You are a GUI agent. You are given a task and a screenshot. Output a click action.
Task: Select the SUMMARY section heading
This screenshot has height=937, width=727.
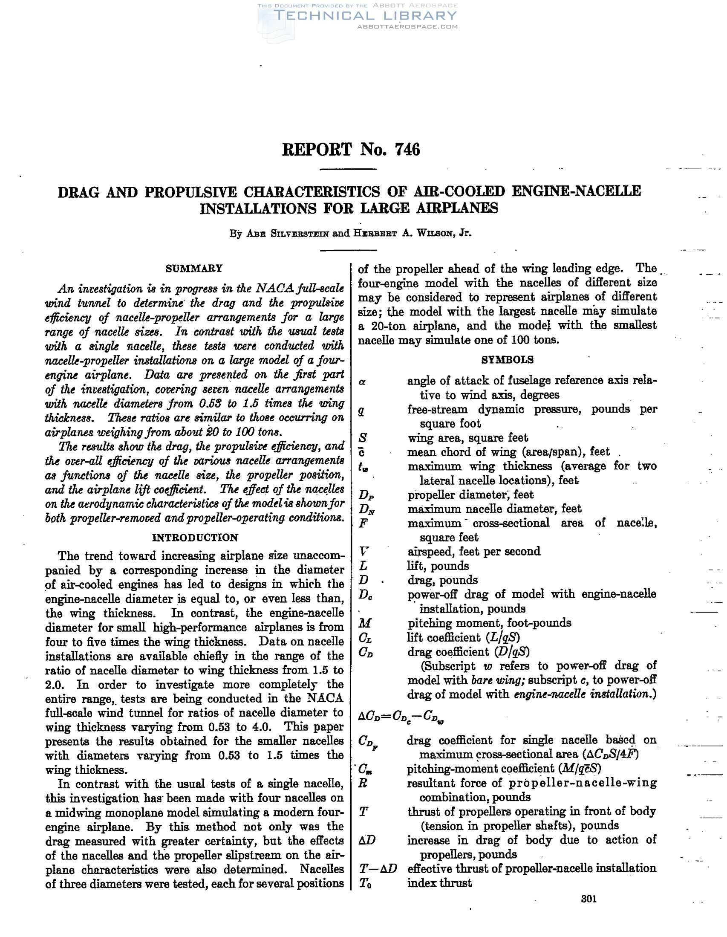click(x=194, y=268)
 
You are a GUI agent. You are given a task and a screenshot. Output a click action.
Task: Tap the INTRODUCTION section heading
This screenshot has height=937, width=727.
click(x=195, y=538)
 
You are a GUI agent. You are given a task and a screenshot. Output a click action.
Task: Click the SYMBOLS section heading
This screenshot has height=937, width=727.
click(x=508, y=359)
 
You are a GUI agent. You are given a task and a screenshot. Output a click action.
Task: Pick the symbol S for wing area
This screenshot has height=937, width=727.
click(x=363, y=438)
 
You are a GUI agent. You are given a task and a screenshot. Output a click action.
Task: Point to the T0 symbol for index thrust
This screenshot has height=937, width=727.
click(x=365, y=883)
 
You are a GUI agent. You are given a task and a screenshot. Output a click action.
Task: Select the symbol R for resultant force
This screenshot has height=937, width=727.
click(x=363, y=783)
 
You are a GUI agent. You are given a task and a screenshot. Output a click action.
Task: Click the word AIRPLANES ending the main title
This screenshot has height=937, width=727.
click(x=458, y=208)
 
